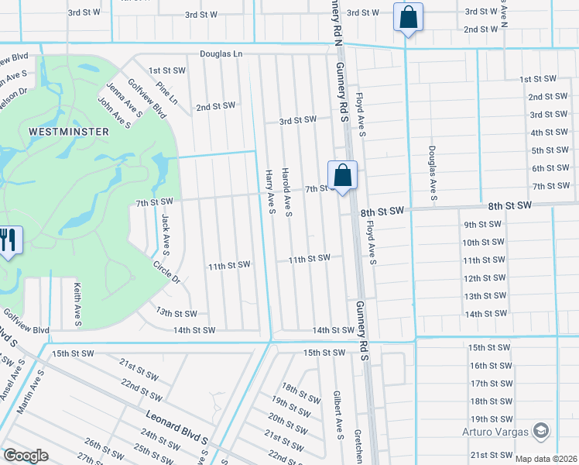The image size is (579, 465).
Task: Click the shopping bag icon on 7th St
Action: pos(342,175)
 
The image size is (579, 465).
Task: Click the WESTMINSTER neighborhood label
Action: pos(69,132)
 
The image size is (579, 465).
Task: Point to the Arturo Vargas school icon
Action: pos(542,431)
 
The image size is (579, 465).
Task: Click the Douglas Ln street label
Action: pos(221,54)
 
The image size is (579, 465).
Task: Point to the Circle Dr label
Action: pos(166,272)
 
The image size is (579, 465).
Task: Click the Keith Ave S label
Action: pos(77,304)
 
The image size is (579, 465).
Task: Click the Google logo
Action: pos(26,456)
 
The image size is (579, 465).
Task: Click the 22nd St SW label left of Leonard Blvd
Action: pos(140,391)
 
